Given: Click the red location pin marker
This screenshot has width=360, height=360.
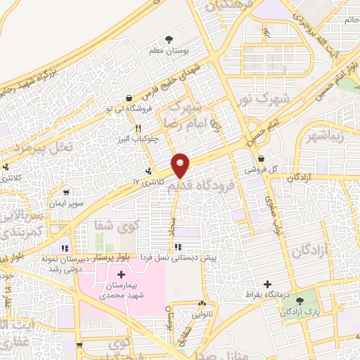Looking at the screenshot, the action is pos(181,165).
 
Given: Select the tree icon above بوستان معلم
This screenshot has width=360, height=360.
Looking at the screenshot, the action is pos(168,39).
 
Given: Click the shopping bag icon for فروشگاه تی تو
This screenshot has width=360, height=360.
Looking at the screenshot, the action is pos(128,98).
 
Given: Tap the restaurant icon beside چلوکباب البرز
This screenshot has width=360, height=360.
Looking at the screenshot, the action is pos(139,129).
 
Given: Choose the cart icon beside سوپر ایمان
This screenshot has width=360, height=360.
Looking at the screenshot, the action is pos(66,192).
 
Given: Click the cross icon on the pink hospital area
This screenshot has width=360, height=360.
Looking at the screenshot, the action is pos(121,274).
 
